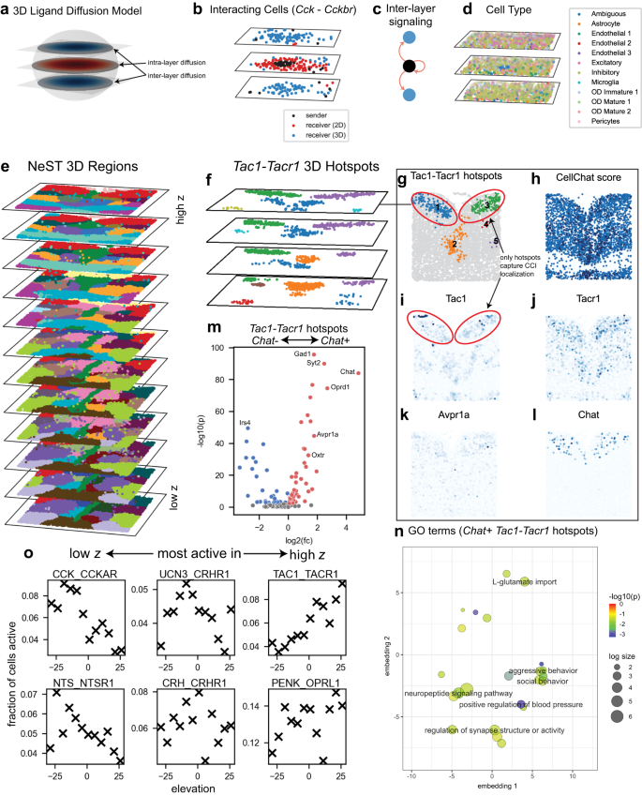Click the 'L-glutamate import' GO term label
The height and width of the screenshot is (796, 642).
pos(524,581)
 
